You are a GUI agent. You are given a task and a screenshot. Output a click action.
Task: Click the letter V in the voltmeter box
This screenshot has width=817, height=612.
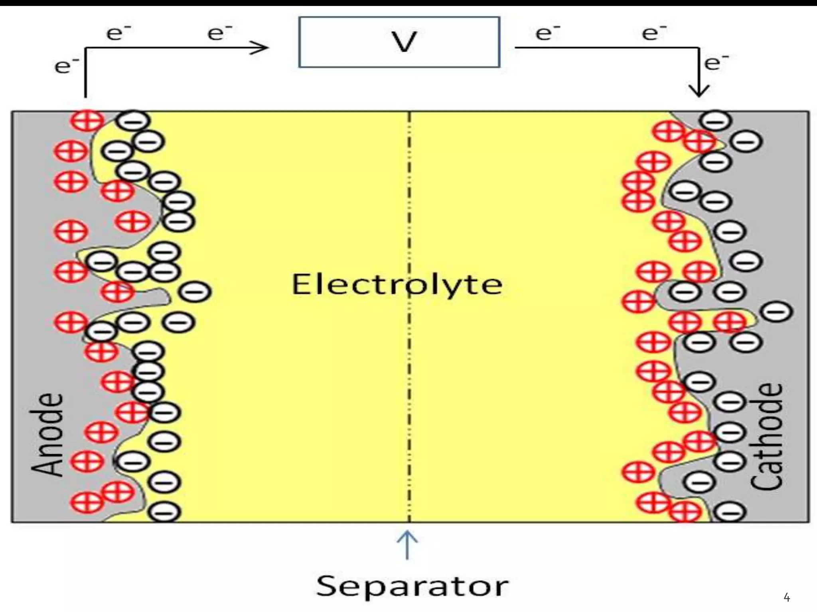[x=404, y=41]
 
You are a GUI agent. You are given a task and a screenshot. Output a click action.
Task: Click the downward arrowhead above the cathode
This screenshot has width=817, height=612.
[x=699, y=90]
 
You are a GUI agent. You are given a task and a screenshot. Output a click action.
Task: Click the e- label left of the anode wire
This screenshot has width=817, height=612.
[x=66, y=66]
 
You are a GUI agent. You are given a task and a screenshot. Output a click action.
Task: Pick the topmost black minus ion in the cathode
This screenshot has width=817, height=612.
[x=716, y=120]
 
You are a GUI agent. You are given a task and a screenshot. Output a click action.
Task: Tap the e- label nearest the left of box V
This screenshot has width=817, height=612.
[x=219, y=33]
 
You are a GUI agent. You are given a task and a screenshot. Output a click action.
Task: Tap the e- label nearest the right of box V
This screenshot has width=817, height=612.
[x=547, y=33]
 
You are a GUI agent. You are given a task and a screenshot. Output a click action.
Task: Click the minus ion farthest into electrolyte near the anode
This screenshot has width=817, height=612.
[x=195, y=292]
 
